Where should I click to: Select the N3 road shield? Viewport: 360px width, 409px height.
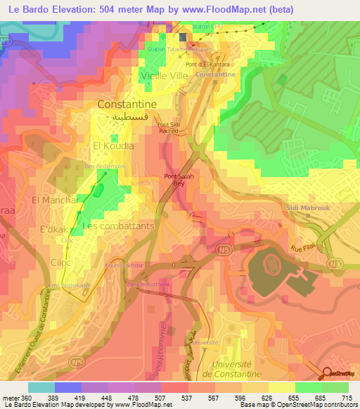tap(340, 264)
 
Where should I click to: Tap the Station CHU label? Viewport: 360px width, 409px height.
tap(212, 27)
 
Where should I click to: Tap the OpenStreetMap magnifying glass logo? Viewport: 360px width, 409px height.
tap(328, 374)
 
